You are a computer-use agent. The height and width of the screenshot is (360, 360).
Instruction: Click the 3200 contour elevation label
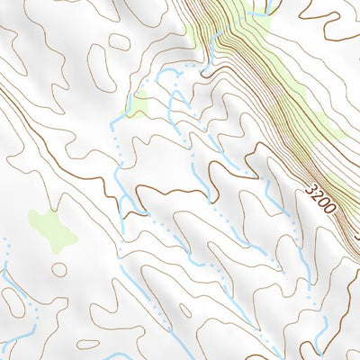320,201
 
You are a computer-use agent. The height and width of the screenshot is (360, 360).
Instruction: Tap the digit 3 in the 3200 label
311,191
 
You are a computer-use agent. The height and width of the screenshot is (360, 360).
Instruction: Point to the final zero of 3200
329,211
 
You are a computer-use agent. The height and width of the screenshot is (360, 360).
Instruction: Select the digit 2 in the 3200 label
317,197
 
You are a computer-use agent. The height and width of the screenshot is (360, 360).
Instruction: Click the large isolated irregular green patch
52,229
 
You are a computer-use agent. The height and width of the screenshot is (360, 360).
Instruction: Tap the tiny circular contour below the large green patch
59,269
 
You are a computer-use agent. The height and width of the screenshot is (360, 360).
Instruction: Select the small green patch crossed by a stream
137,107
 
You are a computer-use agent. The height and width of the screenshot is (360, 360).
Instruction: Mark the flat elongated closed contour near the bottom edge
87,344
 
